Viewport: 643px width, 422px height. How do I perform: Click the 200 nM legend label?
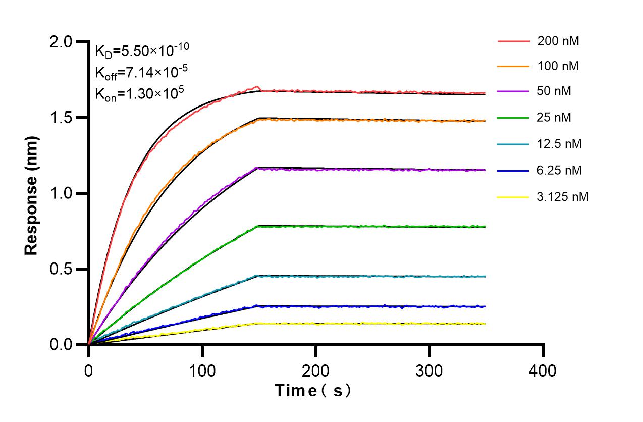pos(558,41)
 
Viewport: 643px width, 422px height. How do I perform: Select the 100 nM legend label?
pos(558,66)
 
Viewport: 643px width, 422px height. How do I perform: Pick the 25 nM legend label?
pos(555,118)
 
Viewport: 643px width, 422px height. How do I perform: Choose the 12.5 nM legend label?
pos(559,144)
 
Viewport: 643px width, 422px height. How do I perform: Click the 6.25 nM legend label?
pos(559,171)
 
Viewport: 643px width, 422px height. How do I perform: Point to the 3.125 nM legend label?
pos(563,197)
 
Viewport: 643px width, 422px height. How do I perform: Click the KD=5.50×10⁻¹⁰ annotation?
pos(142,50)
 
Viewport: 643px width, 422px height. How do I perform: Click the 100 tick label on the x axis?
pos(202,371)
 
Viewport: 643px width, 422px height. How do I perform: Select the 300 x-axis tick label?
pos(430,371)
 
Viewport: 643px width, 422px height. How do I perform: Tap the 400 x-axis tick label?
pos(543,371)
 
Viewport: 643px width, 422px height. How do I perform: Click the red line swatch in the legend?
pos(513,41)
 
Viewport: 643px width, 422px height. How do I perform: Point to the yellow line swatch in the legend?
pos(513,197)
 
